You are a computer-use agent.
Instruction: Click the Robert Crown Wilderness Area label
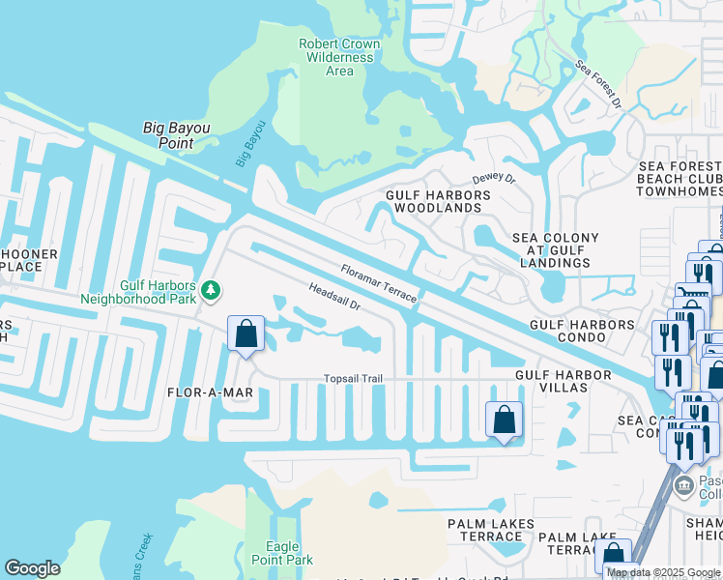coord(336,57)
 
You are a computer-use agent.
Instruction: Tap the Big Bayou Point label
coord(176,135)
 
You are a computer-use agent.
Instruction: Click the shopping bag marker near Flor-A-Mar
coord(246,334)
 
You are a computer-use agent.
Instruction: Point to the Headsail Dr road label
coord(334,297)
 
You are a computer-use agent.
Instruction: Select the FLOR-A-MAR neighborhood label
coord(210,392)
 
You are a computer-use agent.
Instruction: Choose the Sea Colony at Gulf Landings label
coord(555,250)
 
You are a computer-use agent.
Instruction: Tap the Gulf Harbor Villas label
coord(564,381)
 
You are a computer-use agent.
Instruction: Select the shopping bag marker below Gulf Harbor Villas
coord(504,420)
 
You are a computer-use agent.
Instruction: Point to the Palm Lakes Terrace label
coord(490,530)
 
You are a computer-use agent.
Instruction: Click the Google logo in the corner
coord(32,568)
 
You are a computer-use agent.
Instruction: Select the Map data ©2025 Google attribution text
coord(663,572)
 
